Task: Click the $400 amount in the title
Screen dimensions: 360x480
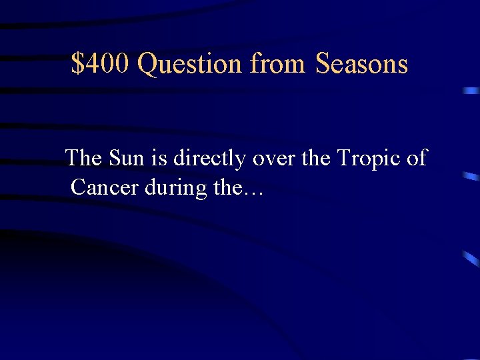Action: (x=101, y=64)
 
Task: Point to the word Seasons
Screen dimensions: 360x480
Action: (x=361, y=64)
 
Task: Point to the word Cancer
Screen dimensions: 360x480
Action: (x=104, y=188)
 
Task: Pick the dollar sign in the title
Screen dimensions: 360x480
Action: (x=78, y=64)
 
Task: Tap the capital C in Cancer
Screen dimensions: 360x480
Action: (x=78, y=188)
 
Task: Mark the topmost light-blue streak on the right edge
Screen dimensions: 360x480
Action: (x=472, y=90)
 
